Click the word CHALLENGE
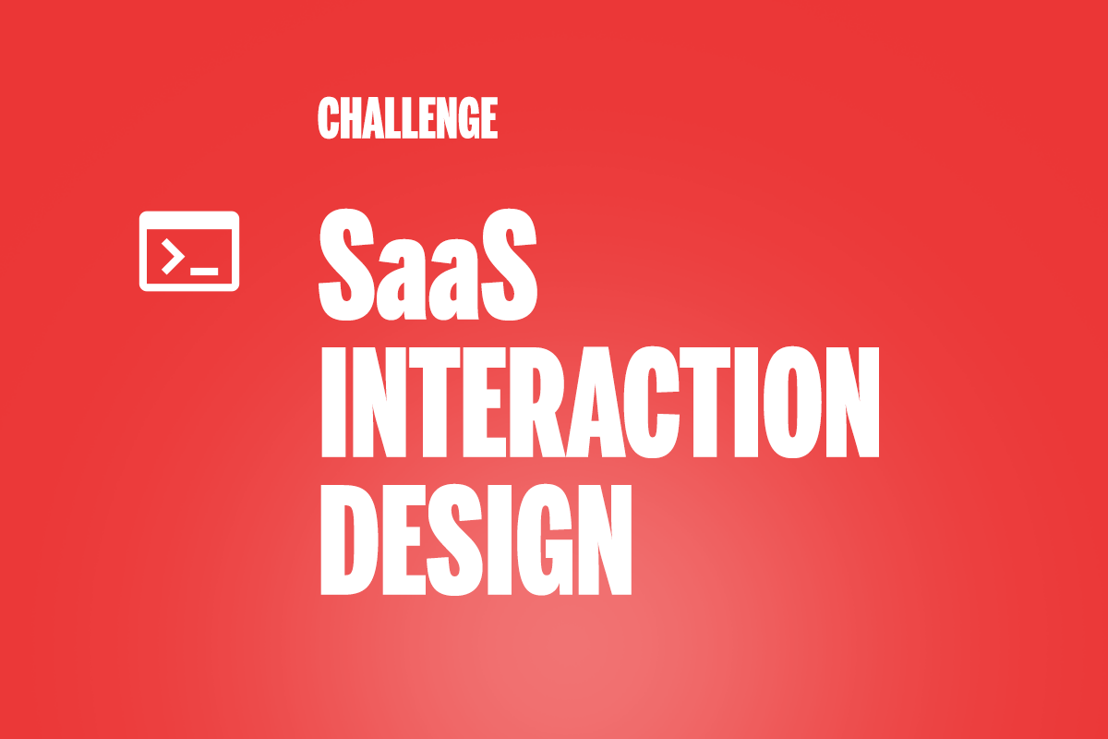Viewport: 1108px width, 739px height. [407, 118]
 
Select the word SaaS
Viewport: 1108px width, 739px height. [428, 265]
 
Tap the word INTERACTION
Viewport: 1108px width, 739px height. [600, 402]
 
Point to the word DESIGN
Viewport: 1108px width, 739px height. [476, 540]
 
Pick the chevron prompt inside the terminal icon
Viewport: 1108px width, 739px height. [173, 257]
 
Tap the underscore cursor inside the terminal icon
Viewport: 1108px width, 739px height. [204, 272]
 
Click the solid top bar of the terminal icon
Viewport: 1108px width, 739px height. [189, 220]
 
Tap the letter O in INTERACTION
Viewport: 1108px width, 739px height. [792, 402]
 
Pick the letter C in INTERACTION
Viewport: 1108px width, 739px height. [652, 402]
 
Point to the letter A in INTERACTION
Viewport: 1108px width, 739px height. [593, 402]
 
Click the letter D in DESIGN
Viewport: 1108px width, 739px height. [349, 540]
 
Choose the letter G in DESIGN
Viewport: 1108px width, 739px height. [544, 540]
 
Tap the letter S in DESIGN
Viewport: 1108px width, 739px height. [454, 540]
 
